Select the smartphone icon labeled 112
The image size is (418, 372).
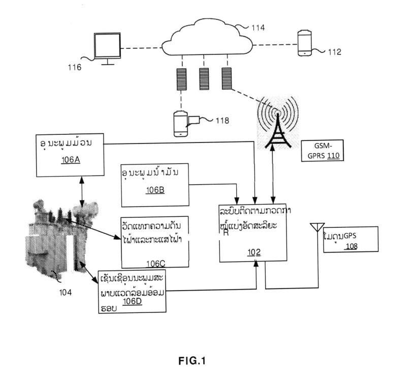(304, 43)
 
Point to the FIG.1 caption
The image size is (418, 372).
(192, 362)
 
